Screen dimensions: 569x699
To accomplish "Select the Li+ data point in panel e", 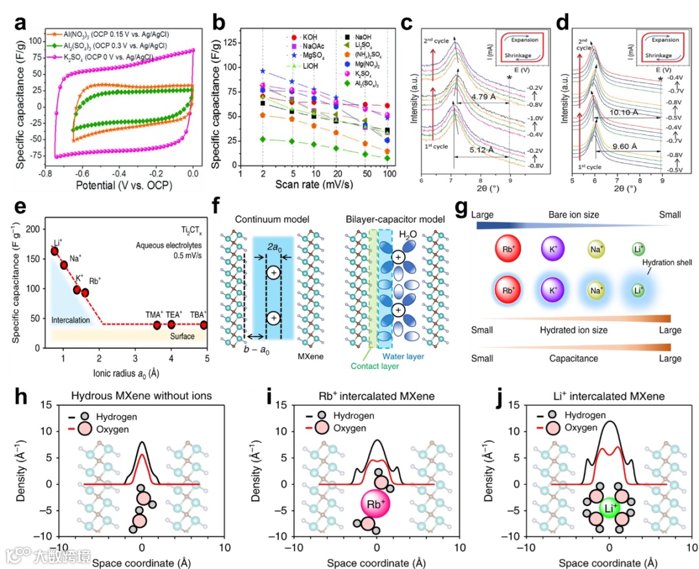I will [x=55, y=251].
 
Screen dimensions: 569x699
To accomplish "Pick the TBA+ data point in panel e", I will [x=203, y=324].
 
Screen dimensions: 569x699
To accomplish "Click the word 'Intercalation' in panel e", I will [x=71, y=320].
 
